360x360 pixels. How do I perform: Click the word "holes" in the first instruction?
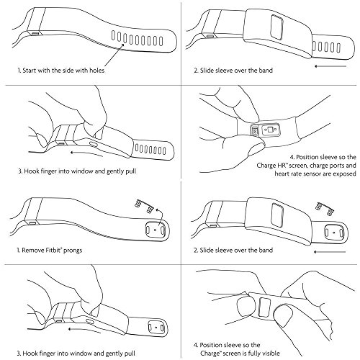click(96, 71)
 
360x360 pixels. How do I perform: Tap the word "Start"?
click(30, 71)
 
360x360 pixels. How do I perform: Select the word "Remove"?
click(32, 251)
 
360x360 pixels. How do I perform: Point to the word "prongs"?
click(73, 251)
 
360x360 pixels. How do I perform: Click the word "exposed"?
click(344, 174)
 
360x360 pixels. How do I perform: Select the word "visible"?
click(270, 354)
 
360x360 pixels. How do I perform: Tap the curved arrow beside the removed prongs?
click(160, 216)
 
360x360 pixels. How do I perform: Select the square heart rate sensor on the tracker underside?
click(270, 130)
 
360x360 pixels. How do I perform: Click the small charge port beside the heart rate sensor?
click(255, 131)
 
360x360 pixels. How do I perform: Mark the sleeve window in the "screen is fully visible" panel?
click(264, 307)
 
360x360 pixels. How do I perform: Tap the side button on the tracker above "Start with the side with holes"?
click(35, 33)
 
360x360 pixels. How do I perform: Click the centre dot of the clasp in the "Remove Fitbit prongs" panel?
click(155, 230)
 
